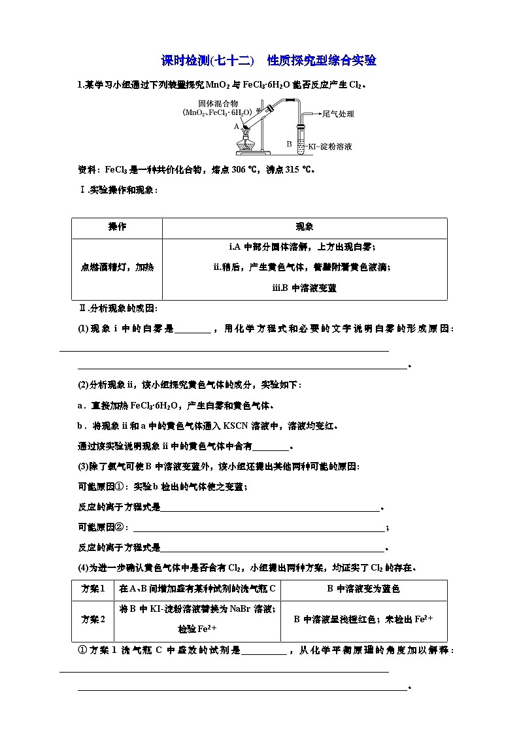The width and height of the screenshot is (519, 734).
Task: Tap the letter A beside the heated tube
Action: click(236, 127)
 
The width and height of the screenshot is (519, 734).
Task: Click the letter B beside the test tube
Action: click(288, 143)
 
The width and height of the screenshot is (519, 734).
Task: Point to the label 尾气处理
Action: click(338, 114)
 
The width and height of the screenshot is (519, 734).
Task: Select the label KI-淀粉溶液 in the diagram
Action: click(330, 146)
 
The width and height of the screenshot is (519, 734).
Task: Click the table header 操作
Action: click(117, 227)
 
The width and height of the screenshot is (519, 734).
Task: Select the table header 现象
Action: click(305, 227)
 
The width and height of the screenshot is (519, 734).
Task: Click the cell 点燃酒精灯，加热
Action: click(117, 267)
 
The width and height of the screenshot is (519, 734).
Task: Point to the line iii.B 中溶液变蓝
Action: click(305, 288)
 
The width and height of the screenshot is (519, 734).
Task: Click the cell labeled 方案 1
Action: click(93, 589)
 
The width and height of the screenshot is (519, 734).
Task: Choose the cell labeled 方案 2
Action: click(93, 619)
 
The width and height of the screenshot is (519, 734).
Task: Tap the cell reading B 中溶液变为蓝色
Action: click(363, 589)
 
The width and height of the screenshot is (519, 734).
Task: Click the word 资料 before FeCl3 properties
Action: click(88, 170)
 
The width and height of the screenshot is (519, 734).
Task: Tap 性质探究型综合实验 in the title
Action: click(322, 61)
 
